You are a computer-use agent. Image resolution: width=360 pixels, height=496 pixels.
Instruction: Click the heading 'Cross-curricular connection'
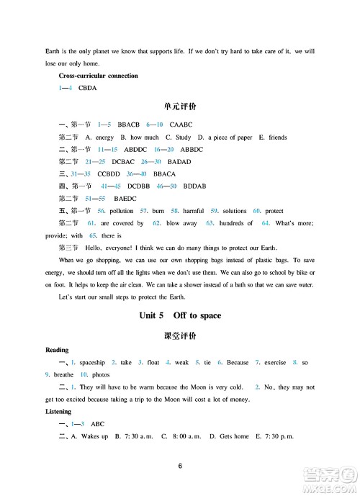point(98,76)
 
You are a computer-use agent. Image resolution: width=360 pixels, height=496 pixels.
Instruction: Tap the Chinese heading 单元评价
point(180,109)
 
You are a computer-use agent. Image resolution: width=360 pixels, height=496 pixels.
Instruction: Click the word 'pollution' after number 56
point(122,211)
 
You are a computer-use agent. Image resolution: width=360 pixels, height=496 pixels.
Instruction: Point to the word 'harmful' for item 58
point(194,211)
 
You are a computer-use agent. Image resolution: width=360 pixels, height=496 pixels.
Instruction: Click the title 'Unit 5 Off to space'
point(180,315)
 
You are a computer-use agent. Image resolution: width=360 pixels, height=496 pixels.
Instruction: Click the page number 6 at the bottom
point(180,466)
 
